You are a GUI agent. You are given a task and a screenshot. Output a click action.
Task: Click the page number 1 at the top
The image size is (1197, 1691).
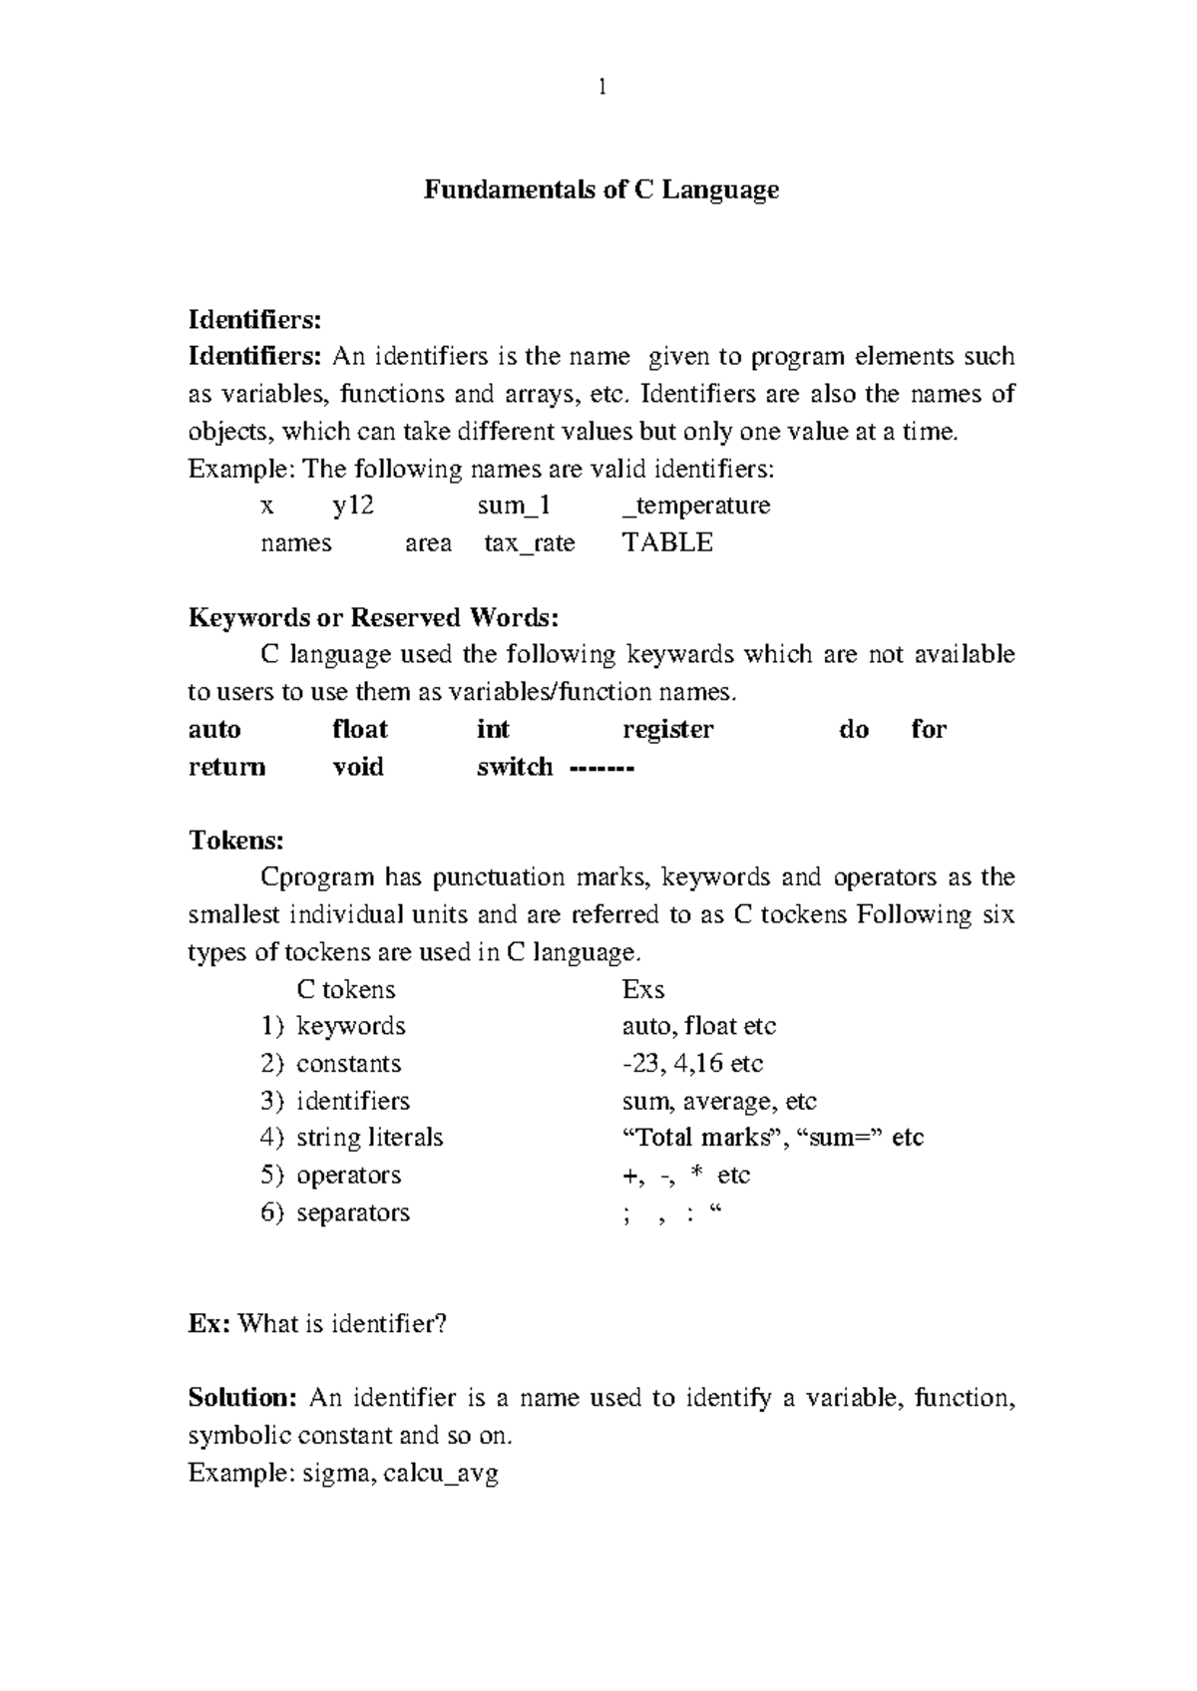[x=600, y=89]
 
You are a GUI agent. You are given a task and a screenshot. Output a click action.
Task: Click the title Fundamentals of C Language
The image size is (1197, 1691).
[x=600, y=189]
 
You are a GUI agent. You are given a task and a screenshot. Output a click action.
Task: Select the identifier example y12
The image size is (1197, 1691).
[x=353, y=506]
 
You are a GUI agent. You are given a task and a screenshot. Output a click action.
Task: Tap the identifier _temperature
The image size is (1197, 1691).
[x=695, y=506]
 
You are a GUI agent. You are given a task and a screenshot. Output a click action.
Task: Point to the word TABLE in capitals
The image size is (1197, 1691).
[x=666, y=543]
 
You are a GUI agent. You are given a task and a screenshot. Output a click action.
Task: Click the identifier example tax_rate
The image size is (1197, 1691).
[x=529, y=543]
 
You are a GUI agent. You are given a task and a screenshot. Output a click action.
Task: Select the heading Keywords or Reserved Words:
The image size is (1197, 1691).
[x=373, y=618]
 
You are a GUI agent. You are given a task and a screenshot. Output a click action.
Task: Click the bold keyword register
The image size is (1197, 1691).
[x=667, y=730]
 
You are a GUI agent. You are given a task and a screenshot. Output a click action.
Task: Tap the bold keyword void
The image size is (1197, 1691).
[x=357, y=767]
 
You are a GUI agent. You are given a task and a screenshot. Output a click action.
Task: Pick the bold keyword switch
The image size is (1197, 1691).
[x=515, y=767]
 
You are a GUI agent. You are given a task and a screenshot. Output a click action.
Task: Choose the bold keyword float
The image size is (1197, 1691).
[x=359, y=730]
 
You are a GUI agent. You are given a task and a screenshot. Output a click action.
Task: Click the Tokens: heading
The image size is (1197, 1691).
[x=236, y=841]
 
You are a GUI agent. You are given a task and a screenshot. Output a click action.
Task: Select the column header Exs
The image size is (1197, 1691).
[x=642, y=990]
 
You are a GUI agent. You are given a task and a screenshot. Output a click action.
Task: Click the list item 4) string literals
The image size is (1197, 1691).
[x=352, y=1138]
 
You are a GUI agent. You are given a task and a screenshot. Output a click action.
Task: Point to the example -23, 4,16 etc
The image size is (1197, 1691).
[x=691, y=1064]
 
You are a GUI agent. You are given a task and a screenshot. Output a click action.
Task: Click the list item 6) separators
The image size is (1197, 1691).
[x=335, y=1212]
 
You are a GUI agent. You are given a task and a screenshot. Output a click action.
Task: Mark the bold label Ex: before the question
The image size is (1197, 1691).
[x=210, y=1324]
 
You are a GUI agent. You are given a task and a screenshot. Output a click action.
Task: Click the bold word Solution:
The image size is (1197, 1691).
[x=242, y=1398]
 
